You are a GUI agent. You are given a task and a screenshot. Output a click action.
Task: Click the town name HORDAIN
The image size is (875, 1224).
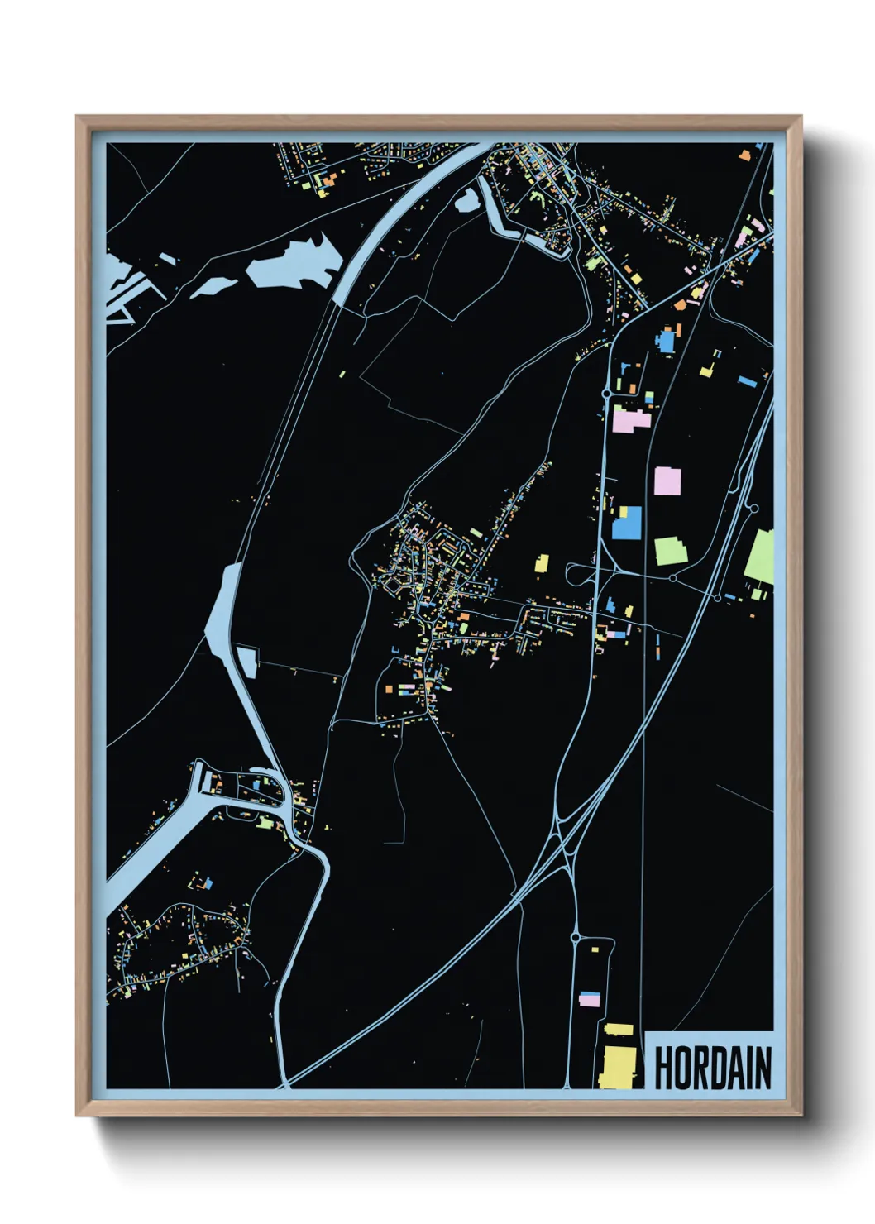tap(713, 1068)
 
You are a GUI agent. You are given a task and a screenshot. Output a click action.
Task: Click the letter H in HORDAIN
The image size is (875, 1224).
tap(663, 1068)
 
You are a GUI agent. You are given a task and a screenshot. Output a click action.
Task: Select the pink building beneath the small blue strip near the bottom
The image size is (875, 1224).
tap(589, 1001)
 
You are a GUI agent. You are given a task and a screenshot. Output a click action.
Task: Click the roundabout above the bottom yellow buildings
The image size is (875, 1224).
tap(576, 938)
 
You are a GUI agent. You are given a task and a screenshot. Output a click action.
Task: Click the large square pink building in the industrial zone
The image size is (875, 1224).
tap(667, 481)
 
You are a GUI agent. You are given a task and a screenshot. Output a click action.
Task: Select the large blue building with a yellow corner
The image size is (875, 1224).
tap(627, 523)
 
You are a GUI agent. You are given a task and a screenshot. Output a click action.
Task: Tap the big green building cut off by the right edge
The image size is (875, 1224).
tap(760, 557)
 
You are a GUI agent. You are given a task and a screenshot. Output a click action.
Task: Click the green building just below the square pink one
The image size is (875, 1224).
tap(670, 551)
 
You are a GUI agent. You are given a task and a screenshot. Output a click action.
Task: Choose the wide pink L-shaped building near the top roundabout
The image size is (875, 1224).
tap(631, 418)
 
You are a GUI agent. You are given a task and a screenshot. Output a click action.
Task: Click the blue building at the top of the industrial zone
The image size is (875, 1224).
tap(667, 341)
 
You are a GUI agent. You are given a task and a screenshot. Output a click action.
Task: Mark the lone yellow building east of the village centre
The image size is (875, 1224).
tap(543, 563)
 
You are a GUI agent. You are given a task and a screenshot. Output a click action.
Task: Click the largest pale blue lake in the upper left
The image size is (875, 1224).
tap(294, 262)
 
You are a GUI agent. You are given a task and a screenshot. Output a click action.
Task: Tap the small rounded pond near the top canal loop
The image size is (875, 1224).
tap(466, 199)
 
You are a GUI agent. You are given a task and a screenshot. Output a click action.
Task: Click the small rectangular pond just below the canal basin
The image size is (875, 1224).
tap(247, 662)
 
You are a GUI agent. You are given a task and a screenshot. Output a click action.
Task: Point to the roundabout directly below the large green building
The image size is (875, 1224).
tap(673, 577)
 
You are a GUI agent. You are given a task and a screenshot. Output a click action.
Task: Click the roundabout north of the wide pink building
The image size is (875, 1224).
tap(606, 394)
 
